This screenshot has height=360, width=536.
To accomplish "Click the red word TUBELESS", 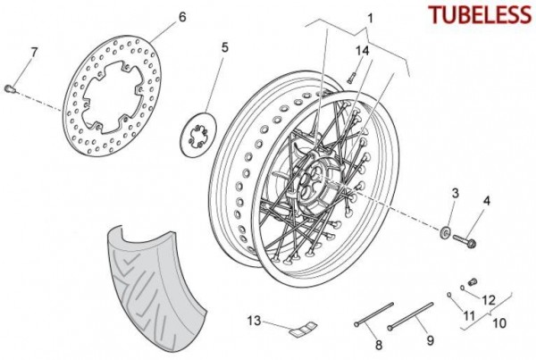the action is point(480,15).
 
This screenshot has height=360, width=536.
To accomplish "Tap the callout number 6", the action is point(182,17).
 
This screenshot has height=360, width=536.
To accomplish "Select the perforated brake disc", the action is point(113,96).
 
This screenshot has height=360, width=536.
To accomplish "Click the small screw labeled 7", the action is point(9,88).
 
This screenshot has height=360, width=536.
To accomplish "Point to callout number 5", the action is point(224,47).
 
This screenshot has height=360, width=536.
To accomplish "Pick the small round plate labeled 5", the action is point(198,135).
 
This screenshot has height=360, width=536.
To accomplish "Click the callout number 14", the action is point(363,51).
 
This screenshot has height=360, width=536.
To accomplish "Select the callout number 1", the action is point(371,18).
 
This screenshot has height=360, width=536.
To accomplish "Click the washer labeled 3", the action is point(445,232).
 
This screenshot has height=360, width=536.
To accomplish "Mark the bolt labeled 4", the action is point(465,240).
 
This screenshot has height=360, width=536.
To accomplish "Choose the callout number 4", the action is point(487,201).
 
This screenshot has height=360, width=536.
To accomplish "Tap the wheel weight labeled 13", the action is point(304,328).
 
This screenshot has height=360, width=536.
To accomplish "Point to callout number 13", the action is point(254,321).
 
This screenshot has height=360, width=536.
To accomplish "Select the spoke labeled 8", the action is point(374,314).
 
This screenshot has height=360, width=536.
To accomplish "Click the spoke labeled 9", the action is point(410,316).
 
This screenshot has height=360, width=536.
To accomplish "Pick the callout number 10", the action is point(499,322).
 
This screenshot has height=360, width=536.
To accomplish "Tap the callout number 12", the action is point(488,300).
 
